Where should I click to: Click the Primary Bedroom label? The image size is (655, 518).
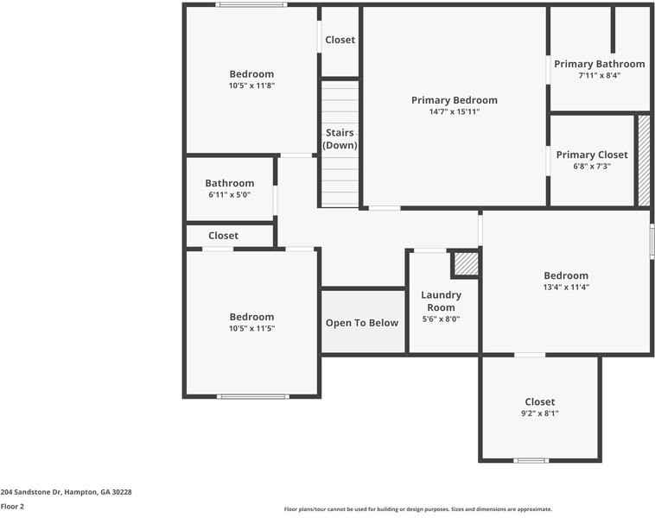click(x=454, y=100)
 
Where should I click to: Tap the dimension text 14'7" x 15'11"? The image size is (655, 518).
click(x=454, y=112)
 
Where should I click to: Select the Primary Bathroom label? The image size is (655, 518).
click(x=599, y=64)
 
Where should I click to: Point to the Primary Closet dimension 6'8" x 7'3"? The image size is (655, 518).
click(x=592, y=167)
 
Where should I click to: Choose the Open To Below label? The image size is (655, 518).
click(x=362, y=323)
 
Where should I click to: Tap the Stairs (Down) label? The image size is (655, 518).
click(x=340, y=139)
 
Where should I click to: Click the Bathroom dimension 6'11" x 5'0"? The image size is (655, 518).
click(x=229, y=195)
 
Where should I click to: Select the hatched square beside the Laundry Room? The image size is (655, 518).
click(x=466, y=264)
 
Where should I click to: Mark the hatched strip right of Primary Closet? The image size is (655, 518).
click(x=643, y=160)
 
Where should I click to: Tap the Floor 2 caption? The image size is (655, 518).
click(x=12, y=507)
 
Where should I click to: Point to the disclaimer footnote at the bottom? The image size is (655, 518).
click(x=417, y=509)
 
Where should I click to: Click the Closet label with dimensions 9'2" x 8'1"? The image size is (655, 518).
click(x=540, y=401)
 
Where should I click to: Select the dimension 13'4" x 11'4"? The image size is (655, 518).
click(x=566, y=287)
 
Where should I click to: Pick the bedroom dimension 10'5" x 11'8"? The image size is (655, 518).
click(x=251, y=85)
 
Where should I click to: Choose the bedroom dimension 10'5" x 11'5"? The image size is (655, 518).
click(x=251, y=329)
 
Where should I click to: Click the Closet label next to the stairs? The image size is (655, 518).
click(x=340, y=40)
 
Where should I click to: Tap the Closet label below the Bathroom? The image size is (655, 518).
click(x=223, y=236)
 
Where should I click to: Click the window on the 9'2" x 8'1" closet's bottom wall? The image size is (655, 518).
click(x=531, y=460)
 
